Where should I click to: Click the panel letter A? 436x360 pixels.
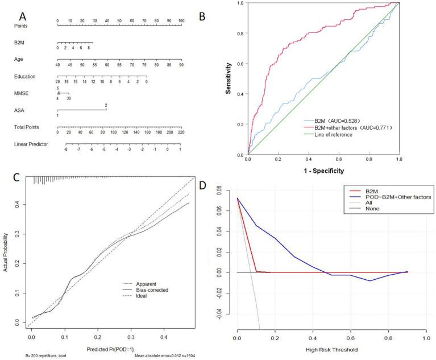click(23, 12)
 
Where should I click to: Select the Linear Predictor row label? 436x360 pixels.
click(31, 144)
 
